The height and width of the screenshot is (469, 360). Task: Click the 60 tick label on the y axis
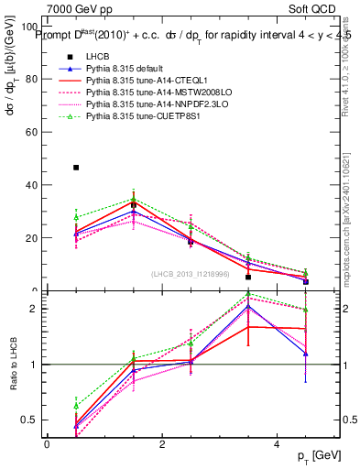coord(31,132)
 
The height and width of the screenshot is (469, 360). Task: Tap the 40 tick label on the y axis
coord(31,185)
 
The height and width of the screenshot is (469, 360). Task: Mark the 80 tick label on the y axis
coord(31,79)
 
